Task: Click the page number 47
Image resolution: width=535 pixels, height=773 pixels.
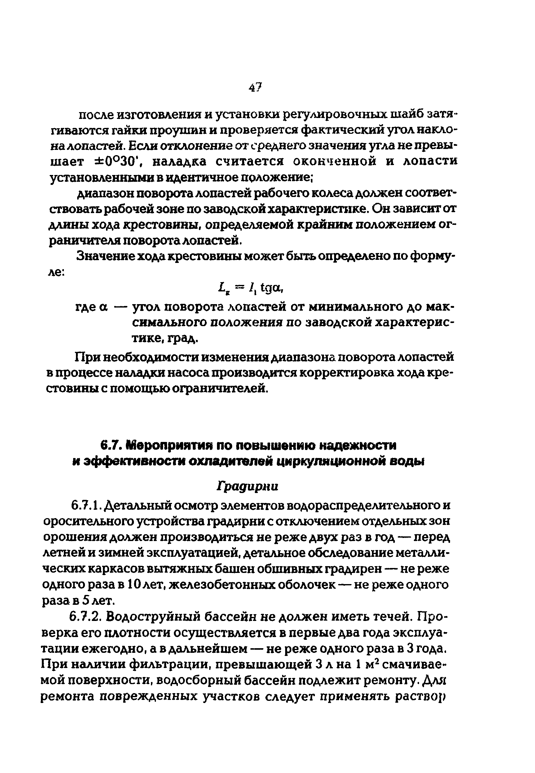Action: coord(255,87)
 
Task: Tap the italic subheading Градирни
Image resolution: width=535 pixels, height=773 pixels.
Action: coord(248,486)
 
